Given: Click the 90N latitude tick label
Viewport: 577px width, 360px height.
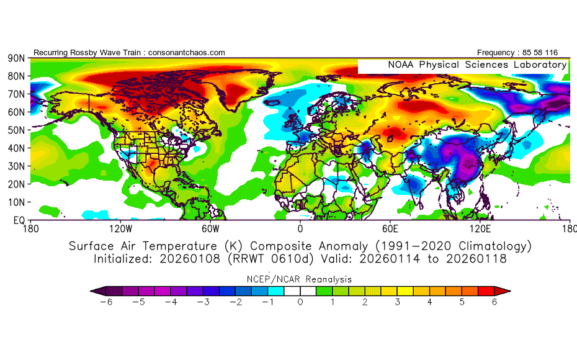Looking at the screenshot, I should [x=16, y=58].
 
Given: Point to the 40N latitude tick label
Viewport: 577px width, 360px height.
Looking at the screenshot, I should [x=16, y=148].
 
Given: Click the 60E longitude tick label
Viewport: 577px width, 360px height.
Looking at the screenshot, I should [x=391, y=228].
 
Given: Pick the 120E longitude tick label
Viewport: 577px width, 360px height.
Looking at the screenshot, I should [x=480, y=228].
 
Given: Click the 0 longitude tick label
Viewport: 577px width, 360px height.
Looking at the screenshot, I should [x=300, y=228].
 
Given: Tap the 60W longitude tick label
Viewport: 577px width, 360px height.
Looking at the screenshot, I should [x=210, y=228].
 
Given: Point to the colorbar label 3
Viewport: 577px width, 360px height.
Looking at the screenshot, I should [x=398, y=302].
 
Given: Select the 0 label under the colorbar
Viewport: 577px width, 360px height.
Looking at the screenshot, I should [x=300, y=302].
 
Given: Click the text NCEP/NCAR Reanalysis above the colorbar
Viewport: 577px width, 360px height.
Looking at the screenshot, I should [x=300, y=279].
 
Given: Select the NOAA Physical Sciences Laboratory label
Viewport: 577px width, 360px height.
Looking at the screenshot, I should [x=477, y=65].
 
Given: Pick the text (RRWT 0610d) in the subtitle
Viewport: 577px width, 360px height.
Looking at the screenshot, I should [x=257, y=259].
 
